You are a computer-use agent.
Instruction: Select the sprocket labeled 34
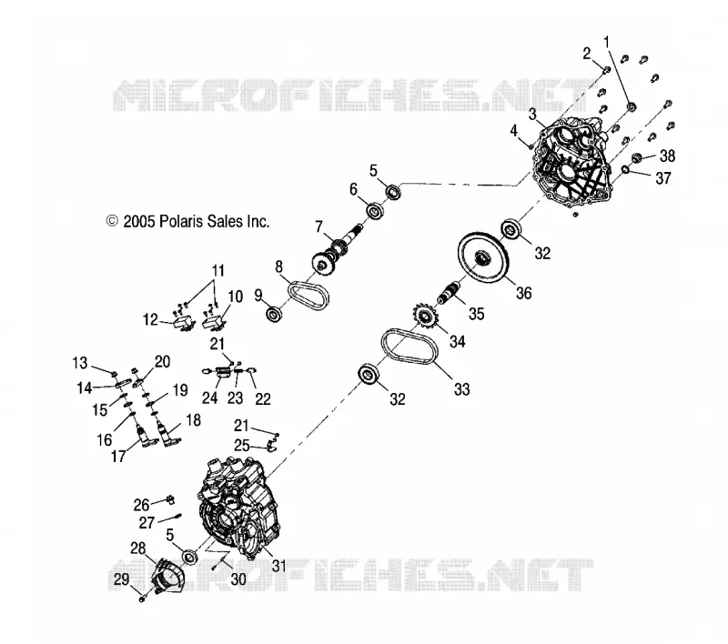(423, 317)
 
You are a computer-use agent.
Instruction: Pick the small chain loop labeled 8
(295, 293)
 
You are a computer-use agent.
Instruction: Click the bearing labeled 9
(274, 314)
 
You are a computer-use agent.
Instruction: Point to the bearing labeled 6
(375, 211)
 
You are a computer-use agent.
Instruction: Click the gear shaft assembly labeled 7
(336, 251)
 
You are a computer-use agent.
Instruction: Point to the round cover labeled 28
(167, 576)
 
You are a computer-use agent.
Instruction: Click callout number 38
(668, 156)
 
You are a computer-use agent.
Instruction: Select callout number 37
(663, 177)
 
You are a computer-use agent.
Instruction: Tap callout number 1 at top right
(606, 42)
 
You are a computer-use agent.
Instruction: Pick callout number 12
(150, 319)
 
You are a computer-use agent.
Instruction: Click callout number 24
(210, 397)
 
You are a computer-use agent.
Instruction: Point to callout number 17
(118, 457)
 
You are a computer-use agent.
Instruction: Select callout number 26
(142, 504)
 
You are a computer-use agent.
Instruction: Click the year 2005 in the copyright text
(138, 221)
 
